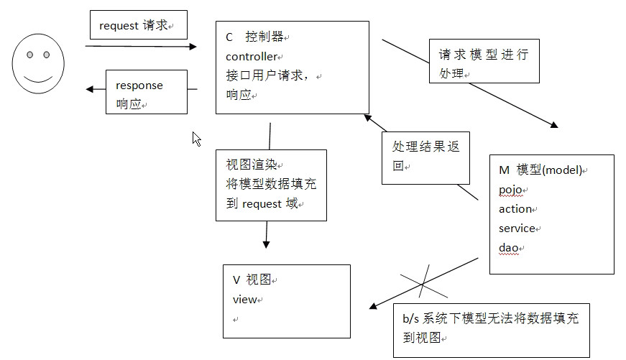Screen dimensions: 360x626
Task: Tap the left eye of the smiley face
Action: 29,55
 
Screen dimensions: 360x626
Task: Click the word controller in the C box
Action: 251,56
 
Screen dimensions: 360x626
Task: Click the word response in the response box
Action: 139,86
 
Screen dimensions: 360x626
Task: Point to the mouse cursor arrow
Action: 195,138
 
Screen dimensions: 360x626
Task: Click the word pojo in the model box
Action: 511,190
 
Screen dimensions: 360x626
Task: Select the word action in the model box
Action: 515,209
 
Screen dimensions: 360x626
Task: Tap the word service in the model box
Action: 517,229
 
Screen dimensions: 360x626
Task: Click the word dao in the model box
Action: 508,248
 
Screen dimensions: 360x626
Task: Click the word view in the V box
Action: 244,299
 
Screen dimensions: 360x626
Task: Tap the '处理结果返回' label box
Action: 425,155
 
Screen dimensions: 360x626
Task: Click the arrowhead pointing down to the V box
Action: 266,244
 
